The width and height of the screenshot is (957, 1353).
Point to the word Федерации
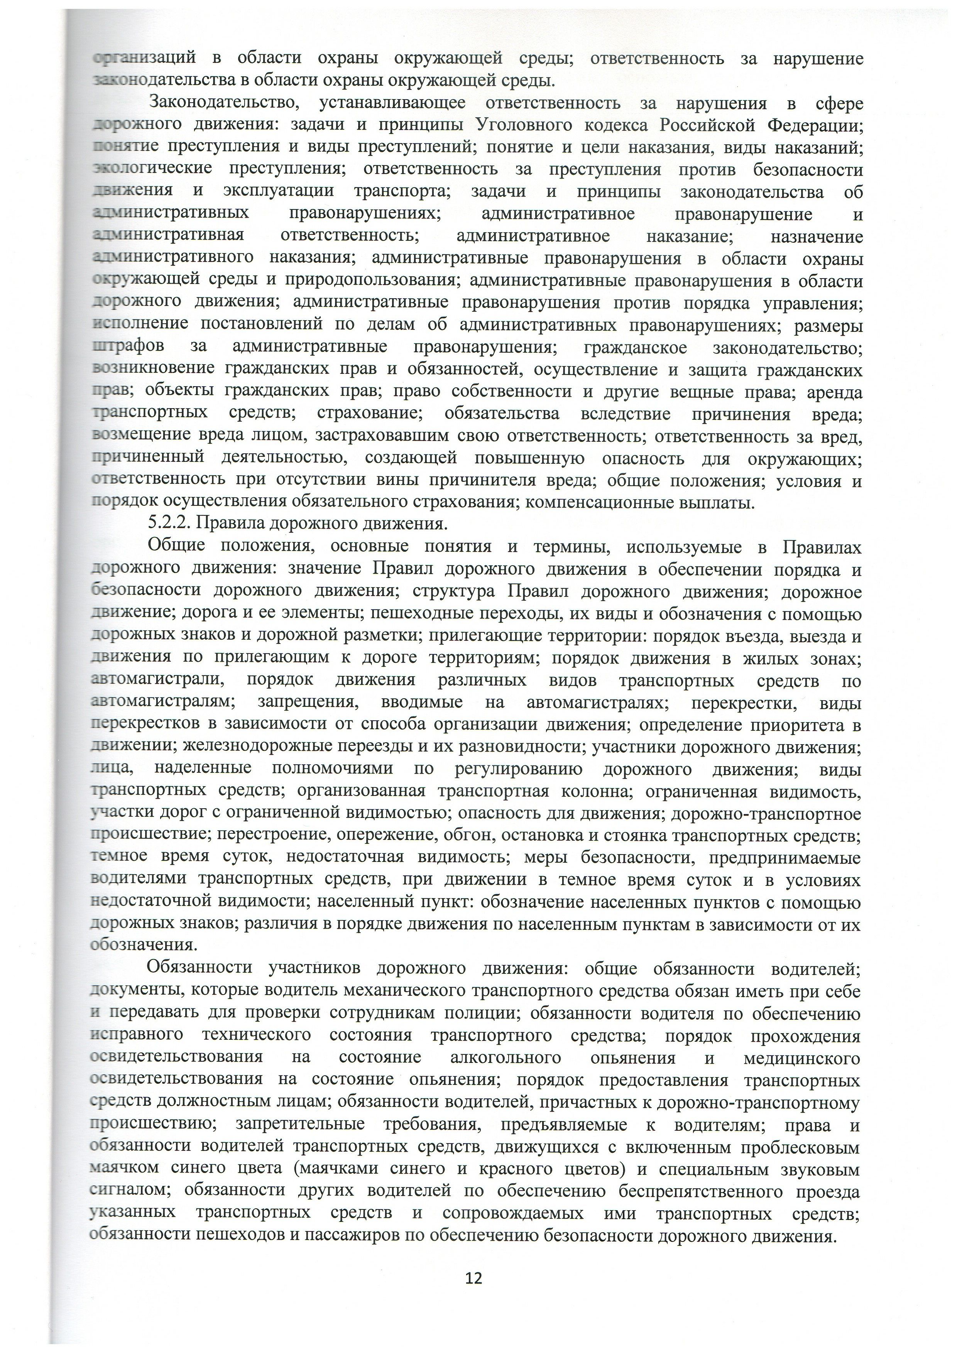click(815, 125)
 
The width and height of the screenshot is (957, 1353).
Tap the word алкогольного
click(505, 1058)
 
